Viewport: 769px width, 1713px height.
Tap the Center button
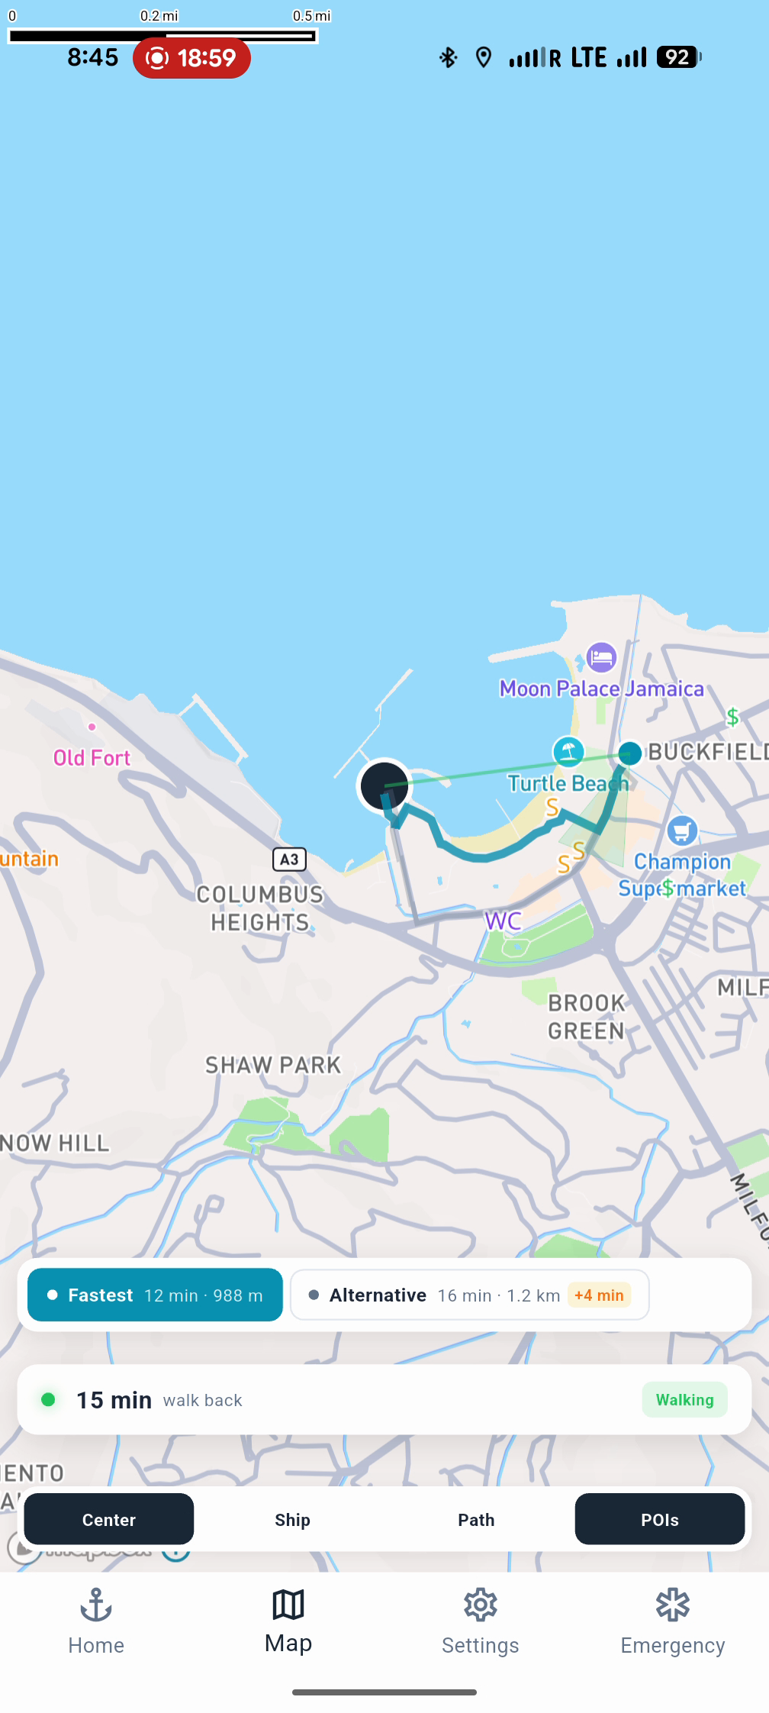tap(108, 1519)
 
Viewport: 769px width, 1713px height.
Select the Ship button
tap(292, 1519)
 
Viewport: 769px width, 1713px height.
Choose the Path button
tap(476, 1519)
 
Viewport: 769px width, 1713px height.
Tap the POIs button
tap(659, 1519)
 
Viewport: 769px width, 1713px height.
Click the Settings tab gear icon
tap(481, 1605)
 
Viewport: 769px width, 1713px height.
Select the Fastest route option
tap(155, 1295)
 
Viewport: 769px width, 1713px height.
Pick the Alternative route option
tap(469, 1295)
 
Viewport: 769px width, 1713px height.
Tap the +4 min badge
tap(599, 1295)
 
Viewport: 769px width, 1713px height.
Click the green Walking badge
tap(684, 1399)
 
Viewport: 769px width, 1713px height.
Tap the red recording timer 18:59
tap(191, 57)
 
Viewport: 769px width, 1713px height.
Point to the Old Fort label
tap(92, 757)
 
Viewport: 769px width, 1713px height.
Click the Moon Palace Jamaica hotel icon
tap(601, 657)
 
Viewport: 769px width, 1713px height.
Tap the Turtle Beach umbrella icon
tap(568, 751)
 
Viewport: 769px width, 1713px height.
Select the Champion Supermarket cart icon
tap(681, 831)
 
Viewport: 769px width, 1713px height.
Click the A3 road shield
tap(289, 860)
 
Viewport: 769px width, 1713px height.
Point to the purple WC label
tap(504, 921)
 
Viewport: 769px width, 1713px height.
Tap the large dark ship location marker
tap(384, 786)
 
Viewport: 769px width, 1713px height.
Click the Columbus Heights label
tap(260, 908)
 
